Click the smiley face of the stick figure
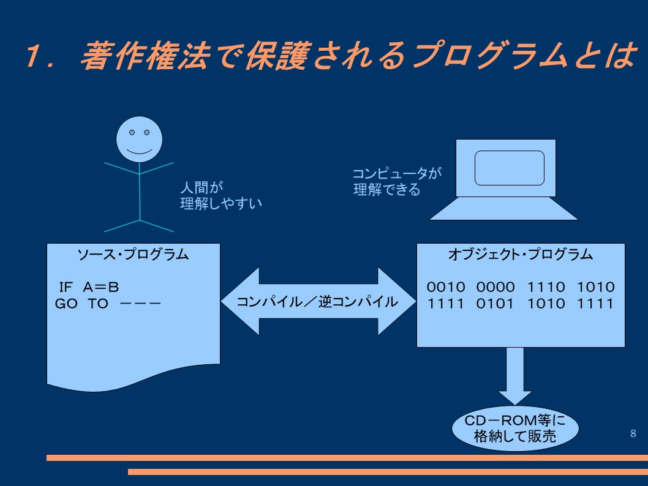coord(139,139)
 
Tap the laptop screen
coord(509,168)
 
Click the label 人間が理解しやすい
coord(221,195)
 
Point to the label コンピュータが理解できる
coord(397,181)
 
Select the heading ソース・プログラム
coord(133,255)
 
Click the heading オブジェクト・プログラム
coord(521,255)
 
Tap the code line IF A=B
coord(89,287)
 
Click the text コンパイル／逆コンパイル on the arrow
coord(317,302)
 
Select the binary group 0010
coord(446,287)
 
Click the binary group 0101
coord(495,304)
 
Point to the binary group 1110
coord(546,287)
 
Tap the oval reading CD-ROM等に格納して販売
coord(515,428)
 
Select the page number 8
coord(633,433)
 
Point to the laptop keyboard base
coord(504,208)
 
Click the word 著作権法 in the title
coord(146,55)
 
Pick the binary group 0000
coord(495,287)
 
